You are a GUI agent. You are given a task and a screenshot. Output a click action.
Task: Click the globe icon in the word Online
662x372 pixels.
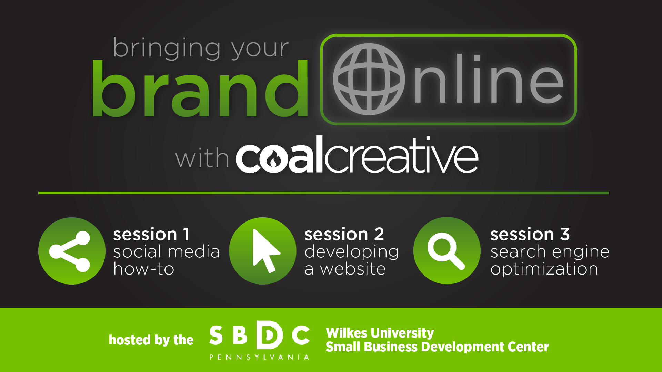point(369,79)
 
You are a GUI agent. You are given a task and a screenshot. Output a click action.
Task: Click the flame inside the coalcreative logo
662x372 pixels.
point(274,160)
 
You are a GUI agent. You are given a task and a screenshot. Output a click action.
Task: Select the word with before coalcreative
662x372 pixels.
point(202,158)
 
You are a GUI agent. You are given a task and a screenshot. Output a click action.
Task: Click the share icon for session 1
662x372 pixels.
point(72,251)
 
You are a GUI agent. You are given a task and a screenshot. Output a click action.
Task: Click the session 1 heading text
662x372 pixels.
point(151,235)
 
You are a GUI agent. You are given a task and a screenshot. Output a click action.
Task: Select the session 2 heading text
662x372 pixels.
point(344,235)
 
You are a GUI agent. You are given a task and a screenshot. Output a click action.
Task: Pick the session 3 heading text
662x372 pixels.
point(530,235)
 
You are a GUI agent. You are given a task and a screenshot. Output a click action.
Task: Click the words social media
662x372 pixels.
point(167,251)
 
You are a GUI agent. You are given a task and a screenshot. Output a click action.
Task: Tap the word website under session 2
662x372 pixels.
point(353,269)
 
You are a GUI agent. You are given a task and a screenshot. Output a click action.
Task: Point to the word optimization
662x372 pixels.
point(544,269)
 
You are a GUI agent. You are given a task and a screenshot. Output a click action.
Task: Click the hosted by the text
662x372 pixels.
point(151,340)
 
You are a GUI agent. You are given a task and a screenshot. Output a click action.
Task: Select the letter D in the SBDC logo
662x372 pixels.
point(270,335)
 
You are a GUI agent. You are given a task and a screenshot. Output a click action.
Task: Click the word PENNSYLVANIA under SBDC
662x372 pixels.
point(259,357)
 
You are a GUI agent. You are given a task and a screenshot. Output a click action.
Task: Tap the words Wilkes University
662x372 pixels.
point(380,333)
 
